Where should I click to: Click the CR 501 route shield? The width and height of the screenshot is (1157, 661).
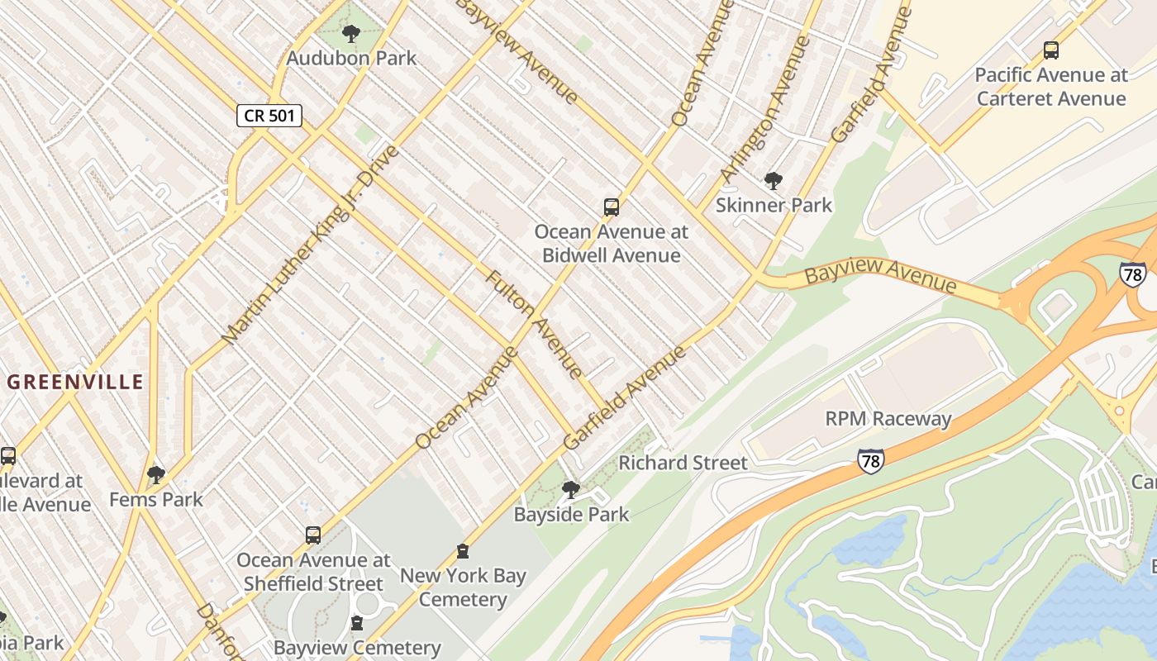click(x=269, y=116)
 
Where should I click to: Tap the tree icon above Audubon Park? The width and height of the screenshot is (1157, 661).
click(x=351, y=34)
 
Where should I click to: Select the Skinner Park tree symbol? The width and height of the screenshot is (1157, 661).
click(x=774, y=180)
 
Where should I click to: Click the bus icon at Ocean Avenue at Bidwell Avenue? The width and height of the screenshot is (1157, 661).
click(x=612, y=207)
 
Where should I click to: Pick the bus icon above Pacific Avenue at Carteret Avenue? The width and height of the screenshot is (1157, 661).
click(x=1051, y=50)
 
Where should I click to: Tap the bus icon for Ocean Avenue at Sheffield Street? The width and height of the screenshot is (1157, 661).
click(x=313, y=535)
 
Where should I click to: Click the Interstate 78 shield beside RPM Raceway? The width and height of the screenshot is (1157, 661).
click(x=870, y=460)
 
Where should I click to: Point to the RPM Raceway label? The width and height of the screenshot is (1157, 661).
click(x=888, y=419)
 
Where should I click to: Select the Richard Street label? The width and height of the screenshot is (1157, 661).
click(x=683, y=463)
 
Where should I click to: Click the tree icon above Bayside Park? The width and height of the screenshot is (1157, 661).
click(x=570, y=490)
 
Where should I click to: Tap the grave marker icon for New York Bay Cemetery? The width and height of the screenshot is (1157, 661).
click(x=463, y=551)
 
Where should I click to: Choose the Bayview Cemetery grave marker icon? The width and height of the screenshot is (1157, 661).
click(x=357, y=623)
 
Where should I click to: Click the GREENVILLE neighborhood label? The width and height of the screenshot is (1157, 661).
click(x=75, y=382)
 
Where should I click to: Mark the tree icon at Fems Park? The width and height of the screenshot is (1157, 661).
click(x=156, y=474)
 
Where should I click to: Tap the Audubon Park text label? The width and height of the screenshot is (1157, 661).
click(x=351, y=59)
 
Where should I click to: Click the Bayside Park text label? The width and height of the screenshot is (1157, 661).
click(x=571, y=515)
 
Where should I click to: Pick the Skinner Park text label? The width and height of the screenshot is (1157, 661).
click(x=774, y=205)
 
